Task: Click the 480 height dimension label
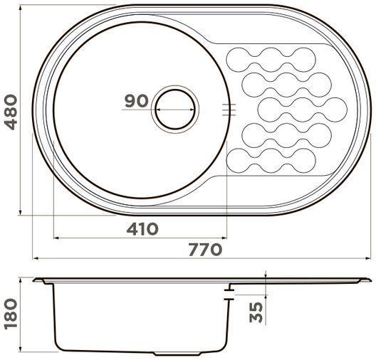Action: [11, 112]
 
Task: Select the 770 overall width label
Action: [205, 250]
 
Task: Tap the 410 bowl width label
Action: [142, 229]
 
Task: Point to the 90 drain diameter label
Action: [137, 101]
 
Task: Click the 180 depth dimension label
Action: [11, 314]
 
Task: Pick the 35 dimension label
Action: [256, 312]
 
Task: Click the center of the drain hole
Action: [174, 110]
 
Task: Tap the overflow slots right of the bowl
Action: [229, 110]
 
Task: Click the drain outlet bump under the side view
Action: [177, 354]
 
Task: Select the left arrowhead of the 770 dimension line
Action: [36, 258]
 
